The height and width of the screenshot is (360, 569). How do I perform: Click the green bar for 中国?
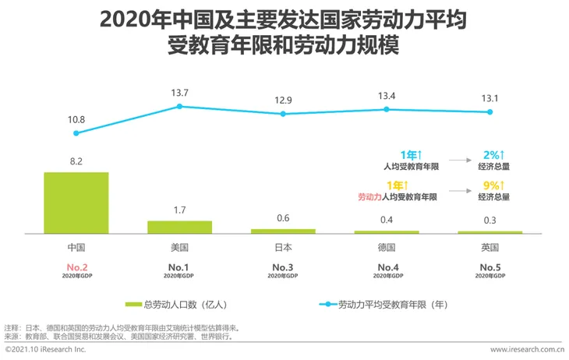coord(76,202)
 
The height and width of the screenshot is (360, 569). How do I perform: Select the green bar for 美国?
coord(180,226)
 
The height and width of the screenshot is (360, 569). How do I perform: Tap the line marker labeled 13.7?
coord(180,106)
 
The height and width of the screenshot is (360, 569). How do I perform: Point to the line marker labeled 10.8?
coord(76,132)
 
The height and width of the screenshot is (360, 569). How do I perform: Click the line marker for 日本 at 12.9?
coord(283,114)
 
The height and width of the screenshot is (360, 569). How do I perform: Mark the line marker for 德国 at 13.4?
coord(387,109)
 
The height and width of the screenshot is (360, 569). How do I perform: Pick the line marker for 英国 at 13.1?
coord(490,112)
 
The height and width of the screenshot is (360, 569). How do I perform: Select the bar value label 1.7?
coord(180,210)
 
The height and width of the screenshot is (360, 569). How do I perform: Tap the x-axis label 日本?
coord(283,247)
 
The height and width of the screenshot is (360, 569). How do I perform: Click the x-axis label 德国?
coord(387,247)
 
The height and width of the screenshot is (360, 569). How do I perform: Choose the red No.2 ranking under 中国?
coord(76,267)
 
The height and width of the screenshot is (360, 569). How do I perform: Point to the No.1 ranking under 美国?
coord(180,267)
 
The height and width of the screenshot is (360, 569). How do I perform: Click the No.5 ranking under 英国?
coord(490,267)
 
